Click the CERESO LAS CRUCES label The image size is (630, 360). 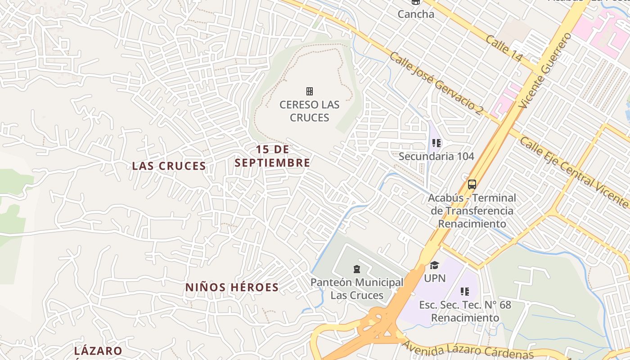click(x=310, y=111)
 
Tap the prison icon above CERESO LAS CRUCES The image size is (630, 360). click(x=310, y=91)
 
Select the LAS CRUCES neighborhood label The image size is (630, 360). click(x=169, y=166)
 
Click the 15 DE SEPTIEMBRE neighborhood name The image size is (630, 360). click(x=272, y=156)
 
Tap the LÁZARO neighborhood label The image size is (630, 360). click(x=98, y=351)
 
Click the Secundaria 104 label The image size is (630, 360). click(x=436, y=157)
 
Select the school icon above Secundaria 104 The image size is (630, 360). click(x=436, y=143)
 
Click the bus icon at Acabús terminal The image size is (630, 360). click(x=472, y=184)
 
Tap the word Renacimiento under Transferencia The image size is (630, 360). click(x=472, y=224)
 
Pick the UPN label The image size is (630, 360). click(x=435, y=279)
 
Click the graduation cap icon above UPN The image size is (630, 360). click(x=434, y=265)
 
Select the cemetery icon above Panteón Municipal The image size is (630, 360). click(x=356, y=270)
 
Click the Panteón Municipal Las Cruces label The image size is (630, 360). click(x=357, y=289)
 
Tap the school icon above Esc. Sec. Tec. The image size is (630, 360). click(x=465, y=292)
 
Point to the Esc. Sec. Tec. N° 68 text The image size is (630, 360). click(x=465, y=305)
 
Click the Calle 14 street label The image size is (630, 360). click(x=504, y=48)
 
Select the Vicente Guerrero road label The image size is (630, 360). click(x=544, y=71)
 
